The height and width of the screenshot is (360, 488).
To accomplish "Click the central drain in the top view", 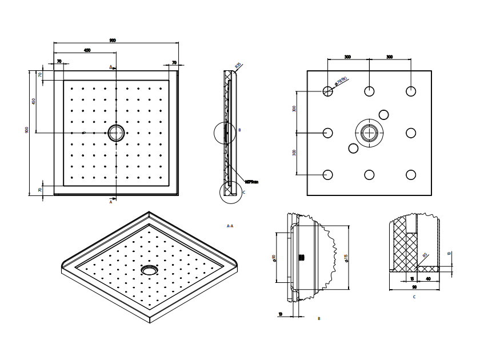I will coord(116,133).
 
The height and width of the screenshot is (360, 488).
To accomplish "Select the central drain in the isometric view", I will coord(149,269).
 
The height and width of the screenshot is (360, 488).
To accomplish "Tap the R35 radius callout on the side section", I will coord(238,66).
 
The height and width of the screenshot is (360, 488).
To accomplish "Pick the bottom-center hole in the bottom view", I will coord(370,175).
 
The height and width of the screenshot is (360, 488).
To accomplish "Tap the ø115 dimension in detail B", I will coord(346,258).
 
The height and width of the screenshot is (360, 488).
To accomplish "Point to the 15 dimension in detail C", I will coord(411,278).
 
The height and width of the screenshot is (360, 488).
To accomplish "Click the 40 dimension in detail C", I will coord(429,278).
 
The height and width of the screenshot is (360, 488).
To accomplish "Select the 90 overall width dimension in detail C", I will coord(413,287).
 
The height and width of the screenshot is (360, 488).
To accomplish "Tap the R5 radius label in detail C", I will coord(425,255).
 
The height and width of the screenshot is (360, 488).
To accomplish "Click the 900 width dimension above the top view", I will coord(113,40).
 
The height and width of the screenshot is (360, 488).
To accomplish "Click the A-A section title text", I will coord(230,226).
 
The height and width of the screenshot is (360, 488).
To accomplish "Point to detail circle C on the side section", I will coord(231,191).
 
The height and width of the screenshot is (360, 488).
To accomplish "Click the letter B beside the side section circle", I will coord(239,130).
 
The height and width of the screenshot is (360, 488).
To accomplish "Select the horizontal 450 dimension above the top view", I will coord(87,50).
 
